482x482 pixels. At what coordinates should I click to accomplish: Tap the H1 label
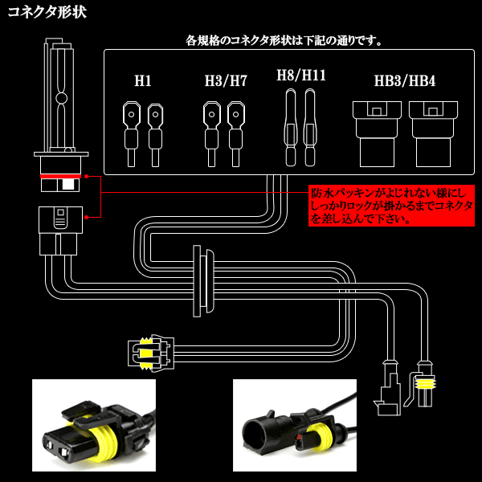[x=143, y=81]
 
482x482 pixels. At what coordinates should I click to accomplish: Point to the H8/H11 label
[x=300, y=76]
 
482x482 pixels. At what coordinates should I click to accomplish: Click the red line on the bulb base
[x=59, y=175]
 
